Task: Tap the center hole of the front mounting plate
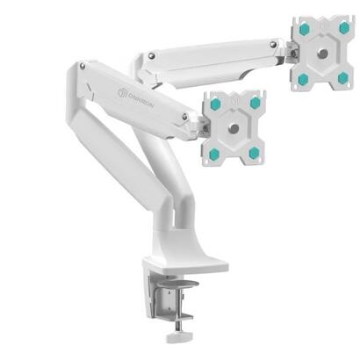pyautogui.click(x=233, y=126)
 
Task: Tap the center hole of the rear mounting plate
pyautogui.click(x=322, y=53)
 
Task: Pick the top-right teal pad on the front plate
pyautogui.click(x=255, y=103)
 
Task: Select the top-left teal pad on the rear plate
pyautogui.click(x=303, y=29)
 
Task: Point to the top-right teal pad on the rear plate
pyautogui.click(x=343, y=28)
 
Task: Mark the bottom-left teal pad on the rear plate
pyautogui.click(x=303, y=78)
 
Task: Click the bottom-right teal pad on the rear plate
pyautogui.click(x=342, y=77)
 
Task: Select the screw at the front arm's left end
pyautogui.click(x=82, y=65)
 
